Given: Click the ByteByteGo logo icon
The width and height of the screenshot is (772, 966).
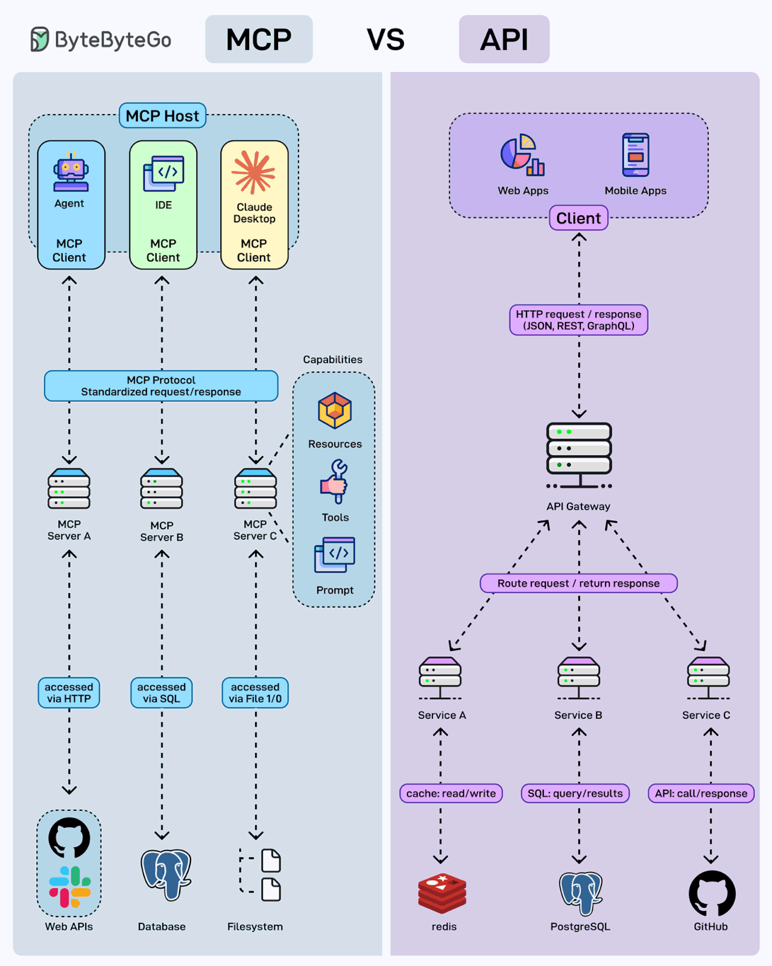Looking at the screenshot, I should tap(39, 39).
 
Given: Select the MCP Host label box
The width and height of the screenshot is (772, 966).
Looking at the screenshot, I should tap(162, 116).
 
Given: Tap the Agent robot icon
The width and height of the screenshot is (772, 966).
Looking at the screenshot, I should tap(71, 173).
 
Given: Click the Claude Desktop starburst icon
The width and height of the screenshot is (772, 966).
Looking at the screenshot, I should tap(254, 173).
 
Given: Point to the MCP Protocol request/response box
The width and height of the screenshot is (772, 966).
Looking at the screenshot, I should tap(161, 386).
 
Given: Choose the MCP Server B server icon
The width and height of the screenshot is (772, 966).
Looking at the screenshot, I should tap(162, 489).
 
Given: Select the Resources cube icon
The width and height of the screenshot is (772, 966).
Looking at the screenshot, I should tap(335, 411).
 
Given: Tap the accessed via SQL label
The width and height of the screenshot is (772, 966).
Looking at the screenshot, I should tap(162, 693).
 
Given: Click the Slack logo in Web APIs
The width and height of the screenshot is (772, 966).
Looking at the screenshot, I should tap(70, 886).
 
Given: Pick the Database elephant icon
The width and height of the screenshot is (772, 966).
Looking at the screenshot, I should tap(165, 874).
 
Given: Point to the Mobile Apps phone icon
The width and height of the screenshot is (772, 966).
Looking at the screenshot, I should tap(636, 155).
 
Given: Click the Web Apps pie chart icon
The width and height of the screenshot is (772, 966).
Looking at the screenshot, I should tap(522, 155).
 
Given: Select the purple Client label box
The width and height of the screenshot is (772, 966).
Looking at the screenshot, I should tap(578, 218).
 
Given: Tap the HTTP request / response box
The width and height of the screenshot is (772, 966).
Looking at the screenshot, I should tap(578, 320).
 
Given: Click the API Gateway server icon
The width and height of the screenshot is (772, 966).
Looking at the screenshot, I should tap(579, 456).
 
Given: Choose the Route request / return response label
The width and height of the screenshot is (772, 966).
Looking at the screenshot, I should tap(578, 583).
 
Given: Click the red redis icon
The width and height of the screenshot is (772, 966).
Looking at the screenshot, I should tap(442, 893).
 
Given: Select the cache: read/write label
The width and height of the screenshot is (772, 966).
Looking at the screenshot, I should tap(451, 793).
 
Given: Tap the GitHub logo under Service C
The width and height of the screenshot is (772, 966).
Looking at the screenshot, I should tap(712, 894).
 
